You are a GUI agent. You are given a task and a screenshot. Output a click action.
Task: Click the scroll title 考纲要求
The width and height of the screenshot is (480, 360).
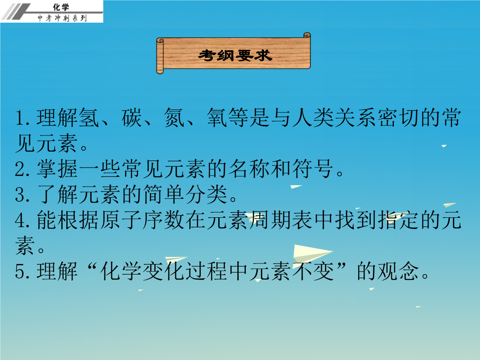[235, 56]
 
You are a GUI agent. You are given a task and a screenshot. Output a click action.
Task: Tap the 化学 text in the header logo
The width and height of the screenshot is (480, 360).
[61, 7]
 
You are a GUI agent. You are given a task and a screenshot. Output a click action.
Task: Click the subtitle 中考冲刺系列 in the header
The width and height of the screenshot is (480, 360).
[62, 18]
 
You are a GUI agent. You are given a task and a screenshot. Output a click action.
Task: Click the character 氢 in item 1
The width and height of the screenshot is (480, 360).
[89, 118]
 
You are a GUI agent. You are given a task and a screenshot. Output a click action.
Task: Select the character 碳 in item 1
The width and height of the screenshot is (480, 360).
[132, 118]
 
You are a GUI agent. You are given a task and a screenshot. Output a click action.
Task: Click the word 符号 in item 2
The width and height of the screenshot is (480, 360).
[313, 169]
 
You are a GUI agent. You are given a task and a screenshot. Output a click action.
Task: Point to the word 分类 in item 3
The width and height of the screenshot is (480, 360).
[206, 195]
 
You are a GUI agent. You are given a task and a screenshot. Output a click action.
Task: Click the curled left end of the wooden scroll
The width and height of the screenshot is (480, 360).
[160, 56]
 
